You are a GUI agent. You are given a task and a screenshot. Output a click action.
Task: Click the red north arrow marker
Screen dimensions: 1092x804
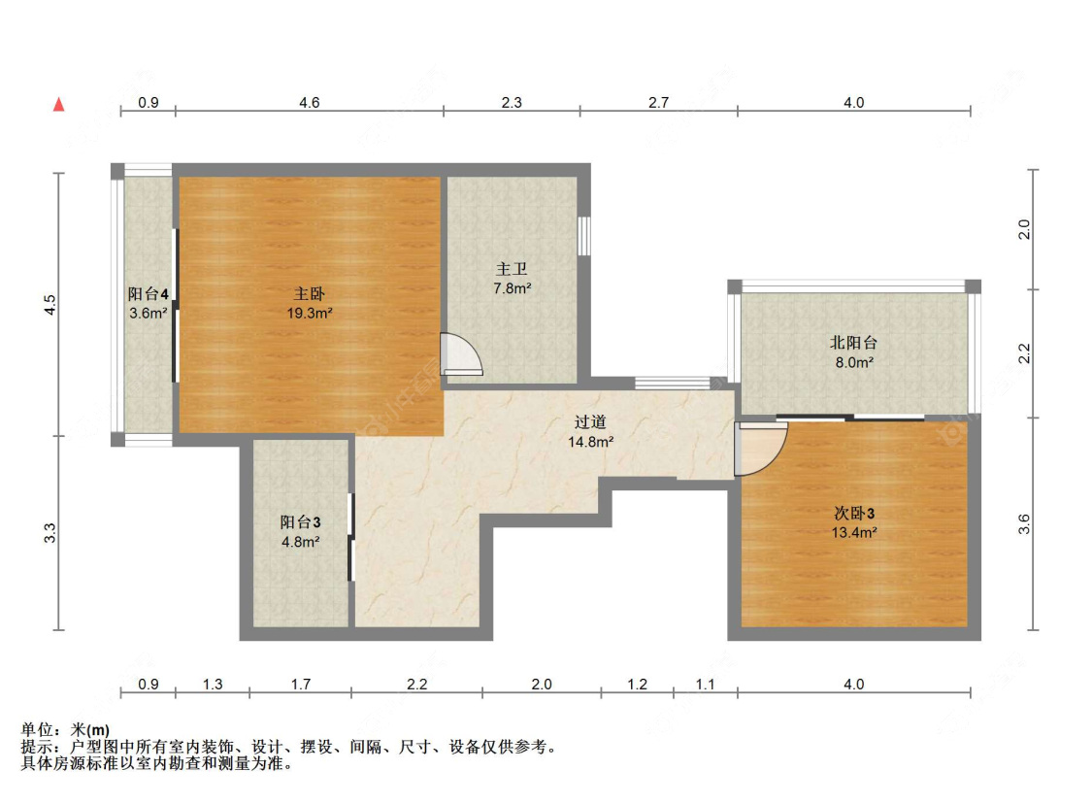tap(59, 104)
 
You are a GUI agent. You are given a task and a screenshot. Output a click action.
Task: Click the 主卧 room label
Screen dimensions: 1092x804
tap(310, 294)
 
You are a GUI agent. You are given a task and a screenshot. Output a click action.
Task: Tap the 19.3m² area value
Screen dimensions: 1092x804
tap(310, 314)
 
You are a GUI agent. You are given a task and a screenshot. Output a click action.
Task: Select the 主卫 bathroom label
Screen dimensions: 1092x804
tap(512, 269)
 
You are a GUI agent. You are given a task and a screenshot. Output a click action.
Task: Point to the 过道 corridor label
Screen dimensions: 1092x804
tap(590, 422)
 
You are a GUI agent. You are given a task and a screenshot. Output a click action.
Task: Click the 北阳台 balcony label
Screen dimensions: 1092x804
tap(854, 343)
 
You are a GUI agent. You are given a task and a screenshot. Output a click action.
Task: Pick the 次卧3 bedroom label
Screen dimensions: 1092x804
tap(854, 514)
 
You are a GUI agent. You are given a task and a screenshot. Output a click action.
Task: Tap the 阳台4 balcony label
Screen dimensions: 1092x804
tap(148, 294)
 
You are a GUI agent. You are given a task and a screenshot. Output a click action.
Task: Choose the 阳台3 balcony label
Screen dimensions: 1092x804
tap(300, 521)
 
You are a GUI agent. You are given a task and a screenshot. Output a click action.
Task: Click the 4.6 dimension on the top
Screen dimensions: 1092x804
tap(310, 102)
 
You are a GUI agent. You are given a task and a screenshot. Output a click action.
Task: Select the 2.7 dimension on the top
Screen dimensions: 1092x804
tap(658, 102)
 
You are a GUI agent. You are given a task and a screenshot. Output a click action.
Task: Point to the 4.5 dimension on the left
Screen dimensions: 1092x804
tap(50, 305)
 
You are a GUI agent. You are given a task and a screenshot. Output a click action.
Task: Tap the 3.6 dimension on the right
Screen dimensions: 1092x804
tap(1024, 524)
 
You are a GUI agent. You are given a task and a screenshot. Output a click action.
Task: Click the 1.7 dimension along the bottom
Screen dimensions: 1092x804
tap(300, 685)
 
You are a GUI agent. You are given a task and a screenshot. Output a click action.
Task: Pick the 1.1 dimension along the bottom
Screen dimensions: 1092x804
tap(706, 685)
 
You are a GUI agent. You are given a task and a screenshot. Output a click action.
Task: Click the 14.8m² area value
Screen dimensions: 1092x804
tap(590, 442)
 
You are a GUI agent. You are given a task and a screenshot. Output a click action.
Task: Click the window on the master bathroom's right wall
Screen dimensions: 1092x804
tap(584, 236)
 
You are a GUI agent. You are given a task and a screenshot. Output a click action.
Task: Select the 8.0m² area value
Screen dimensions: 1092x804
tap(854, 362)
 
